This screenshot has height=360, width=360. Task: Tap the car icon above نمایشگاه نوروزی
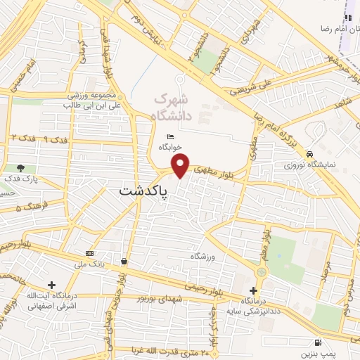(309, 154)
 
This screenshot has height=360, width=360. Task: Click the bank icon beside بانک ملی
(89, 253)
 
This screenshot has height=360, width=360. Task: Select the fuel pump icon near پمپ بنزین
(321, 342)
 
